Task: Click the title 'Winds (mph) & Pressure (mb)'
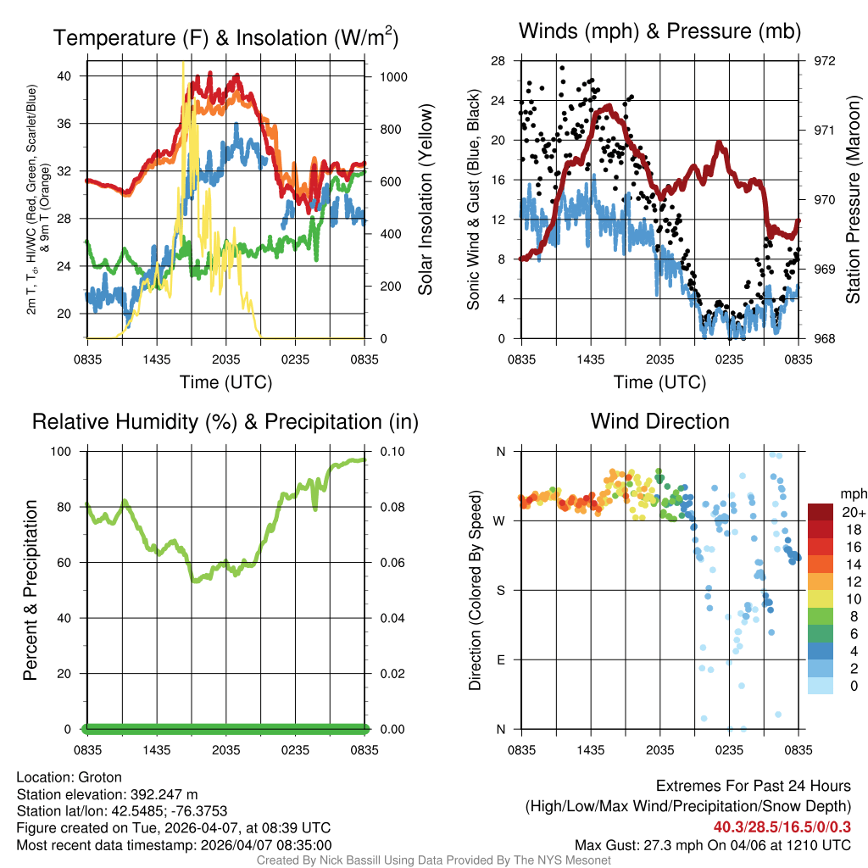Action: (659, 32)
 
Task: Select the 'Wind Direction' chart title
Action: (659, 421)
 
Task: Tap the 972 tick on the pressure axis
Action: (825, 61)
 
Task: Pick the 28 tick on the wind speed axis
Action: (498, 61)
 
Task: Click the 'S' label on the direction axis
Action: (500, 590)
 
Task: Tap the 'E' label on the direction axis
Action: (500, 659)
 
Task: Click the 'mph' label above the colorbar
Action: (852, 493)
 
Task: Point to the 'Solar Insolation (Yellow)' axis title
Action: (425, 200)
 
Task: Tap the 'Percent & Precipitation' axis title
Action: (30, 590)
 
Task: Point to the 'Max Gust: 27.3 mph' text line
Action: (712, 844)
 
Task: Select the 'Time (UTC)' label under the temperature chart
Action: (226, 382)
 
